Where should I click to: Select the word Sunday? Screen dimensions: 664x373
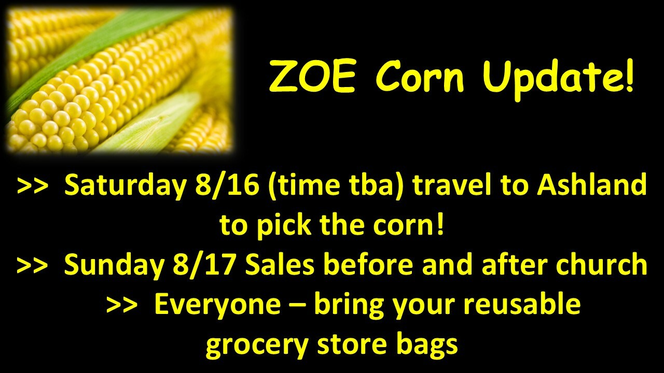coord(114,266)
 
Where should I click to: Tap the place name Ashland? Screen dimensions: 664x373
coord(592,185)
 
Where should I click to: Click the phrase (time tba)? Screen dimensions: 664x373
coord(336,186)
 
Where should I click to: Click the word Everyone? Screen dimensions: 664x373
coord(217,305)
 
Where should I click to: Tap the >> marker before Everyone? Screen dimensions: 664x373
coord(122,306)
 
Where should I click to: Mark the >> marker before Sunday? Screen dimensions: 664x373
coord(33,265)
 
